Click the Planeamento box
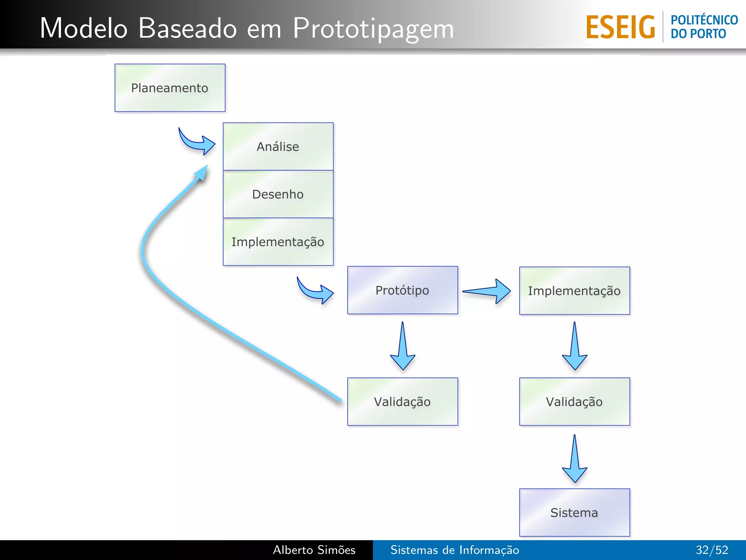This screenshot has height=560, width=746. (170, 88)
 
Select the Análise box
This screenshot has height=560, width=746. (278, 147)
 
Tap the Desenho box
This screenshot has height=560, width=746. (278, 194)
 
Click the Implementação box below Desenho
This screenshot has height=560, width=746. (278, 242)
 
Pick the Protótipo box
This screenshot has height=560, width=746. (403, 290)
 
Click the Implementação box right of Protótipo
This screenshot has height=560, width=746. (574, 291)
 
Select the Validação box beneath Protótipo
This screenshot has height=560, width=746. (403, 402)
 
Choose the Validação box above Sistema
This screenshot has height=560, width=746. (574, 402)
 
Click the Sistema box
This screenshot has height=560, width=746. (574, 513)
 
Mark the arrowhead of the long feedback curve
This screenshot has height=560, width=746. (201, 173)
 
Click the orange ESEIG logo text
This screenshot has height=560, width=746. (620, 27)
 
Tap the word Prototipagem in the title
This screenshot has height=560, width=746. (373, 28)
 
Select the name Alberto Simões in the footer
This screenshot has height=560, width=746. (314, 550)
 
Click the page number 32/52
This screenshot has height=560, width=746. (712, 550)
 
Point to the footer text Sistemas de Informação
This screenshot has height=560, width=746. (455, 550)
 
